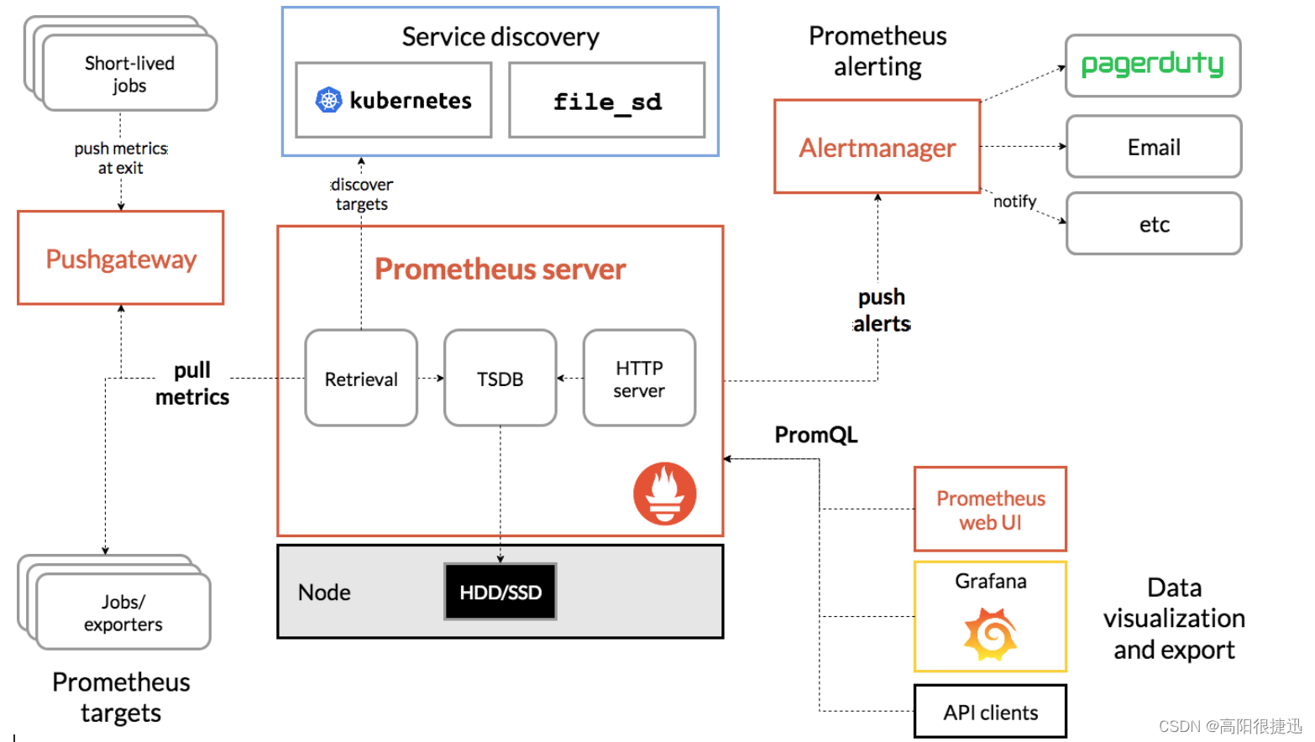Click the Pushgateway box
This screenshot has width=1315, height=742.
(x=121, y=258)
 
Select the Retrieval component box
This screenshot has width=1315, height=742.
(x=361, y=379)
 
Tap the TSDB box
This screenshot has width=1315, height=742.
(x=500, y=379)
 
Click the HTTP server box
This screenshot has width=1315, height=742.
(x=639, y=379)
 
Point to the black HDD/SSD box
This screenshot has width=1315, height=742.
(x=500, y=592)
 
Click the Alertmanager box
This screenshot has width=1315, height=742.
(x=877, y=147)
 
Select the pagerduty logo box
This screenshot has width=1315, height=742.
(x=1153, y=65)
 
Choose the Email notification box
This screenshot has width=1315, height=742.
(x=1153, y=147)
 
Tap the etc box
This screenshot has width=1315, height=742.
(x=1153, y=224)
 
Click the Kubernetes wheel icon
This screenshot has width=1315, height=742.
(x=328, y=101)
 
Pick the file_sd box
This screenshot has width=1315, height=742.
(x=606, y=101)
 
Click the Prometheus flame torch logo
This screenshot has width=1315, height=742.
(x=664, y=494)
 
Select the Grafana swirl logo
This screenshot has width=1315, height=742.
(x=990, y=635)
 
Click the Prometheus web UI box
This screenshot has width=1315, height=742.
(x=990, y=509)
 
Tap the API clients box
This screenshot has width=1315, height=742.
(x=990, y=712)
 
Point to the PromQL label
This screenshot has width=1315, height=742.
(x=815, y=435)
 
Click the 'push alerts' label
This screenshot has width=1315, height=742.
(x=881, y=311)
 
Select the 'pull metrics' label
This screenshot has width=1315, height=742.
(x=192, y=384)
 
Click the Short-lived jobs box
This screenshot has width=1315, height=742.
(x=129, y=74)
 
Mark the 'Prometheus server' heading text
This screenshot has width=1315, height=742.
(x=500, y=269)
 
